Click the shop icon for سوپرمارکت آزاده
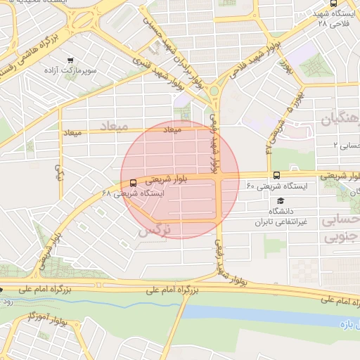click(70, 60)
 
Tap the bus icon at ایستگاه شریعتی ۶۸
click(134, 183)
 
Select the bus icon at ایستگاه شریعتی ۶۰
click(275, 175)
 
